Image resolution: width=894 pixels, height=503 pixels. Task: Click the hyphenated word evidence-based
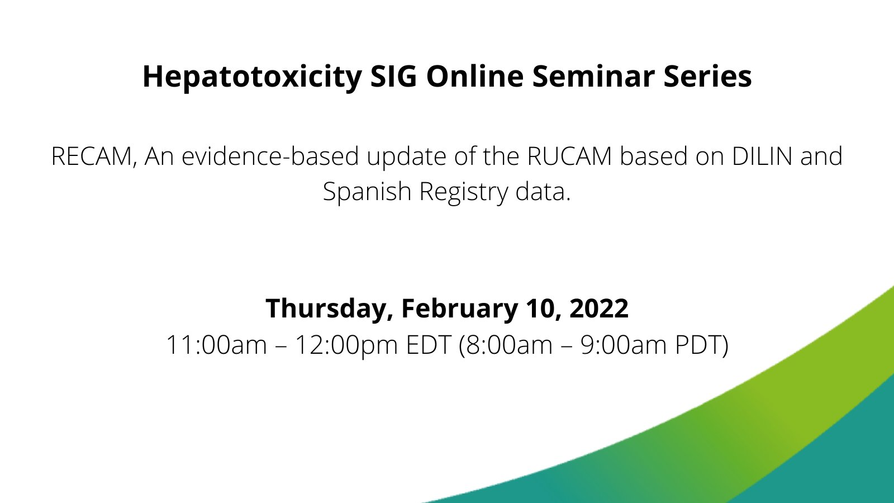270,156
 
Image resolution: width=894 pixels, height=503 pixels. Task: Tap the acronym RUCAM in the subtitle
569,156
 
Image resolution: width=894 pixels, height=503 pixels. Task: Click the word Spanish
367,192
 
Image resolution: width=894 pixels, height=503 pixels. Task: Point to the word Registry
463,192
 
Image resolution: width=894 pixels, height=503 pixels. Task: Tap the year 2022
599,309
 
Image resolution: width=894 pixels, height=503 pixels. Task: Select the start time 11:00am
216,345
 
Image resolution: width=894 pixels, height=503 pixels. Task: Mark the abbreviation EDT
428,345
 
